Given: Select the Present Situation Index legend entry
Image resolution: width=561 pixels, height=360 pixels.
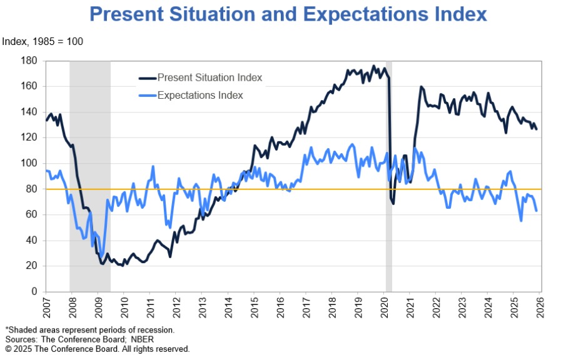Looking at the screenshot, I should pos(210,77).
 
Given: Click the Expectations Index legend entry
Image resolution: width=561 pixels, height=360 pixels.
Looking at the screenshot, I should pos(200,96).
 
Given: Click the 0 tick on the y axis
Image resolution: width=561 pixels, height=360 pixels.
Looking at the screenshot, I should pos(35,291).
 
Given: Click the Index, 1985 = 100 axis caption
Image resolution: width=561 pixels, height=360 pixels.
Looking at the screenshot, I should pos(43,42).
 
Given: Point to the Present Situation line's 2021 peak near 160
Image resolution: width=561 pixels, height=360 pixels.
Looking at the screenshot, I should pos(421,87).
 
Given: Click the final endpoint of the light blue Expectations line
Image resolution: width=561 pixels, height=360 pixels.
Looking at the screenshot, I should pos(537,211).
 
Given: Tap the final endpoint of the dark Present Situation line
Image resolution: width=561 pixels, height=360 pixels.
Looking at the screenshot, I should pos(537,129).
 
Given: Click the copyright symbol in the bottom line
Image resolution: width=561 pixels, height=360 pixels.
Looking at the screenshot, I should pos(8,349).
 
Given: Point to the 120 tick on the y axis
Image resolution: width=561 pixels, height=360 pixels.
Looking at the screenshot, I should pos(30,137).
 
